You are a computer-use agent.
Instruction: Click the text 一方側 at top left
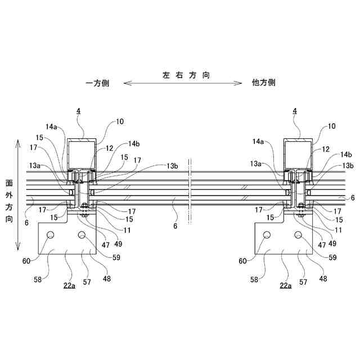(97, 83)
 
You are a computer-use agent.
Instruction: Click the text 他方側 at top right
(263, 83)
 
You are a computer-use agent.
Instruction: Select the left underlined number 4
(78, 112)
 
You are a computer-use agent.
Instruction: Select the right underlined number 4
(294, 112)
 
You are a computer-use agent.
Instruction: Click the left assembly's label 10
(120, 121)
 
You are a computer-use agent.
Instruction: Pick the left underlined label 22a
(70, 286)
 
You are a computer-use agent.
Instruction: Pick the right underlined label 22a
(286, 286)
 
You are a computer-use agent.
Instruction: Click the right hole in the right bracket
(298, 234)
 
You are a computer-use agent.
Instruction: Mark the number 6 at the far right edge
(352, 198)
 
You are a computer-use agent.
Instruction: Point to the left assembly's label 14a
(52, 127)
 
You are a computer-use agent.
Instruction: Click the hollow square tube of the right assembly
(297, 153)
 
